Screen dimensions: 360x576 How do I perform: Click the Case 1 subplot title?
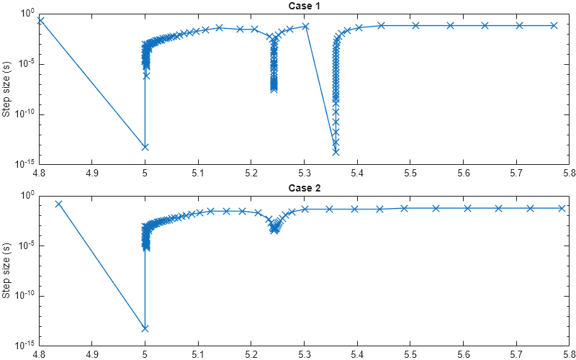pos(304,6)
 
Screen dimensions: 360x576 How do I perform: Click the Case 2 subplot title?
pos(304,188)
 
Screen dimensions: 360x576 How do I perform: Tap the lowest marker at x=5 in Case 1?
pos(145,147)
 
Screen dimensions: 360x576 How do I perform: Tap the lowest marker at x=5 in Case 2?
pos(145,328)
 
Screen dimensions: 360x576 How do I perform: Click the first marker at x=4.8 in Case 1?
pos(40,20)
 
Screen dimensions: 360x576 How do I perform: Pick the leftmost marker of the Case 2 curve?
pos(58,204)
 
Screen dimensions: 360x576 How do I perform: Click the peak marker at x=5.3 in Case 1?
pos(305,27)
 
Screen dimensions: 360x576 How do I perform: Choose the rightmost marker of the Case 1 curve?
pos(554,25)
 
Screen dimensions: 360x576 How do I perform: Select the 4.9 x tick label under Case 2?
pos(91,355)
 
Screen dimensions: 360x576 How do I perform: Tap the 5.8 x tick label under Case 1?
pos(568,174)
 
